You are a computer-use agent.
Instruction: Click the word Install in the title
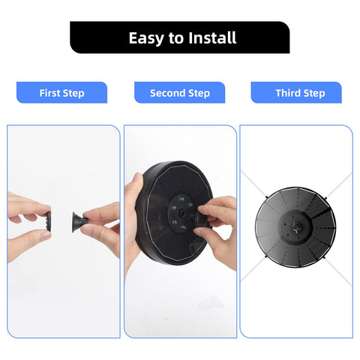[x=212, y=37]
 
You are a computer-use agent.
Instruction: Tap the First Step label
[x=61, y=92]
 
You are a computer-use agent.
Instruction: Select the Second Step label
[x=180, y=92]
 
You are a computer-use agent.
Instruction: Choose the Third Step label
[x=296, y=92]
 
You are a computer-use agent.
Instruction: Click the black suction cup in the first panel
[x=79, y=222]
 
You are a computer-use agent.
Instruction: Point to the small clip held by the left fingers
[x=49, y=221]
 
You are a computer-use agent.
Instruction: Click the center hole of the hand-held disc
[x=182, y=213]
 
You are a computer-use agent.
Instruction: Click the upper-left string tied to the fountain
[x=253, y=184]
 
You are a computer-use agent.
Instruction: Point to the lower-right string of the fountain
[x=338, y=272]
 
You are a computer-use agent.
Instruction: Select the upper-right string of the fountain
[x=339, y=186]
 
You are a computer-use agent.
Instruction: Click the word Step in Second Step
[x=199, y=93]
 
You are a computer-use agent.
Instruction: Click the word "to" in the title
[x=176, y=38]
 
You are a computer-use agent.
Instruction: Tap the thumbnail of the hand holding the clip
[x=46, y=235]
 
